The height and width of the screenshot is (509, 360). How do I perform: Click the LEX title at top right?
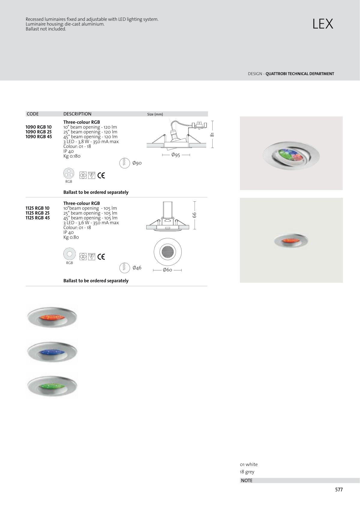tap(323, 24)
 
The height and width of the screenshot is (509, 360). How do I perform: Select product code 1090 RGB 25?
tap(39, 132)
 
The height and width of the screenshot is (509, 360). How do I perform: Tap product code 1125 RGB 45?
tap(38, 218)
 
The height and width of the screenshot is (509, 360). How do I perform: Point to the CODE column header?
tap(33, 114)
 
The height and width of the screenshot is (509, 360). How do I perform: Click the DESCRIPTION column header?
tap(77, 114)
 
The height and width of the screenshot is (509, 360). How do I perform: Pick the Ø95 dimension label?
tap(176, 155)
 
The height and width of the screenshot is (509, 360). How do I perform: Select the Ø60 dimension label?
tap(168, 270)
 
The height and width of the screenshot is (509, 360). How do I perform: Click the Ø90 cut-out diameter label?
tap(137, 163)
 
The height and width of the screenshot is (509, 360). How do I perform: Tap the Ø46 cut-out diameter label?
tap(137, 268)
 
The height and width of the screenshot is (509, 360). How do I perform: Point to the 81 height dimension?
tap(212, 134)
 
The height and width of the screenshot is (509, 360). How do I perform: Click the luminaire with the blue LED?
tap(52, 352)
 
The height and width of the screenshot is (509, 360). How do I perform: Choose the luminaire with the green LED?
tap(52, 386)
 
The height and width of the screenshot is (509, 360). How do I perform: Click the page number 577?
tap(339, 490)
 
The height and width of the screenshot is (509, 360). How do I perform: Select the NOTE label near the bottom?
tap(247, 480)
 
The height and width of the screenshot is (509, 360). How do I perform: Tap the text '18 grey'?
tap(247, 472)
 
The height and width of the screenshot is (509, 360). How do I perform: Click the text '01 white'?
tap(249, 465)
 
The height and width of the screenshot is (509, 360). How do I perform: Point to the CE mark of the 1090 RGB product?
tap(101, 176)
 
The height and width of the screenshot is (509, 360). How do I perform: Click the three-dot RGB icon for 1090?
tap(69, 173)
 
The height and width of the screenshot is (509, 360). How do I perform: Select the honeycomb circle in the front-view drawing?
tap(168, 252)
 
